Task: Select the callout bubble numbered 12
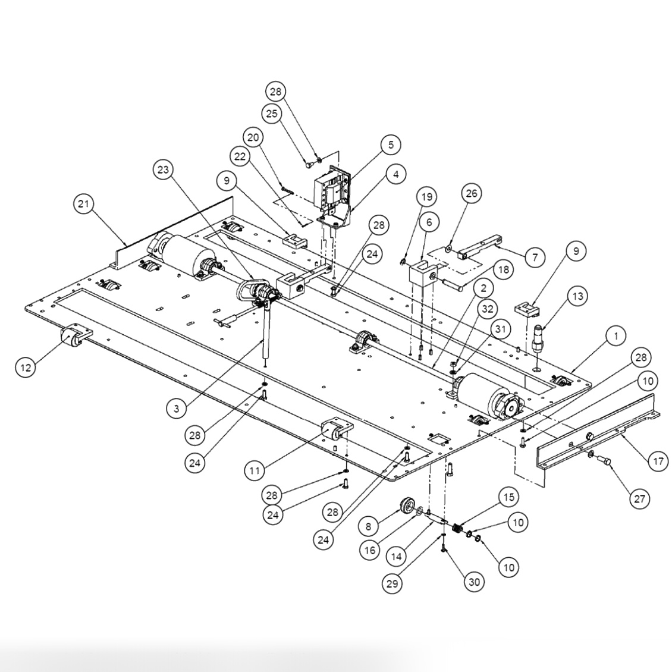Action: click(x=26, y=367)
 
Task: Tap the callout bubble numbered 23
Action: click(x=164, y=169)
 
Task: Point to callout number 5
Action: click(x=390, y=145)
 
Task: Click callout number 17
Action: click(x=657, y=460)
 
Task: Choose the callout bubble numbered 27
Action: click(x=639, y=498)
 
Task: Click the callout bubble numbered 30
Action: click(x=474, y=583)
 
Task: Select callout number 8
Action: click(x=368, y=526)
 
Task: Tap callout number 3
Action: click(x=177, y=408)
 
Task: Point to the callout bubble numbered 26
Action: click(x=471, y=193)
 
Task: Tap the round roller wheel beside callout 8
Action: click(x=406, y=507)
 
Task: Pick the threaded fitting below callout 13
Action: click(x=539, y=340)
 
